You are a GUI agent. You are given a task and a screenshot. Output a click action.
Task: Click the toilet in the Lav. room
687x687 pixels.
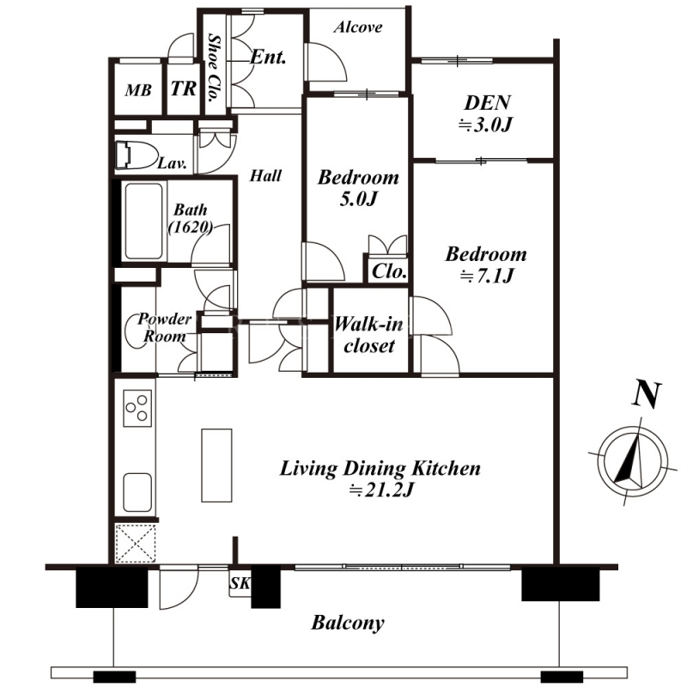[136, 155]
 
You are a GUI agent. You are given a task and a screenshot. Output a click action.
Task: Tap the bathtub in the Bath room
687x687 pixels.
[143, 222]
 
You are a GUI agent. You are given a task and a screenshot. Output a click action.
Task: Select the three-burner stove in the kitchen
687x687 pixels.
[137, 408]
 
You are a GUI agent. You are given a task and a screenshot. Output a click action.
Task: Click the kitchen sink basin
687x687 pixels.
[138, 492]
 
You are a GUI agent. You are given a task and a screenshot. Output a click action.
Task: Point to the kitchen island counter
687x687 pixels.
[216, 465]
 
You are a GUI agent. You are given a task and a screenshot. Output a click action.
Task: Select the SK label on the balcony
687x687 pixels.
[240, 583]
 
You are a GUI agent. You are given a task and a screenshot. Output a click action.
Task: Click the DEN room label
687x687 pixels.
[487, 103]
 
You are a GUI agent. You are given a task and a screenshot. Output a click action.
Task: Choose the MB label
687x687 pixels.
[138, 91]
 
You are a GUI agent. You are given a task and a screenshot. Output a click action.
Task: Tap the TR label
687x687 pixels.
[184, 89]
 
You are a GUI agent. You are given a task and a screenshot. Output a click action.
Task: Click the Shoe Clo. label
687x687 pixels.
[214, 68]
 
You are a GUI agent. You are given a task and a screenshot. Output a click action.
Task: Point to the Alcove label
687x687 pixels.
[357, 27]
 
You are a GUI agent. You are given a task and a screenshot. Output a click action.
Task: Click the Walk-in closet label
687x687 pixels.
[369, 335]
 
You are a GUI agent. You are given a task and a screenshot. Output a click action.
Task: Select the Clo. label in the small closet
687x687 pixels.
[389, 271]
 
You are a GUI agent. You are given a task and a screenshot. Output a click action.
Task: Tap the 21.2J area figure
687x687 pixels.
[381, 490]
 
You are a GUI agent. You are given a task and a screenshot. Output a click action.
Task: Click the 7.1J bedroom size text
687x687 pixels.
[486, 277]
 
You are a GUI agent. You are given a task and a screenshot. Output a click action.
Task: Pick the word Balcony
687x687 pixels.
[348, 623]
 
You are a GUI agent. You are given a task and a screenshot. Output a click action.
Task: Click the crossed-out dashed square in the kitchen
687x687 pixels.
[136, 543]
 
